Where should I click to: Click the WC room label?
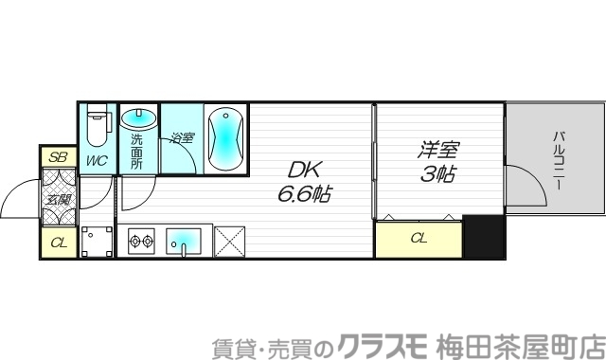[x=98, y=159]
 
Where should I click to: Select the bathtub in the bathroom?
[x=226, y=138]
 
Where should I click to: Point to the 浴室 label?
[x=182, y=137]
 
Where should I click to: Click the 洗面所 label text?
[x=136, y=152]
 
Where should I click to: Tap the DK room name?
[x=305, y=170]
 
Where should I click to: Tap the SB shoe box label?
[x=58, y=157]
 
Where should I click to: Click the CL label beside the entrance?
[x=58, y=243]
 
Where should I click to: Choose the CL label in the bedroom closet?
[x=419, y=239]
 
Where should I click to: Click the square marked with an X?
[x=230, y=241]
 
